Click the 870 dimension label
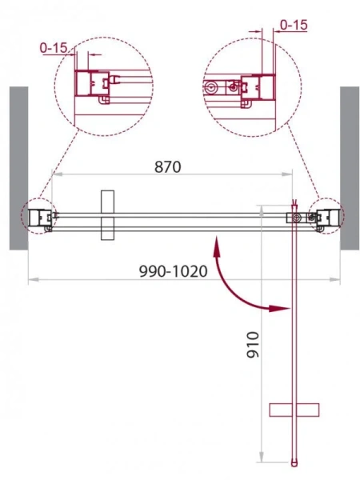[x=168, y=167]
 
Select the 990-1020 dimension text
[x=174, y=271]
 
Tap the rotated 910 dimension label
[x=253, y=344]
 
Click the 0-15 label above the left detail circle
[x=54, y=48]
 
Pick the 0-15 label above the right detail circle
[x=294, y=25]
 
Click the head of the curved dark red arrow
[x=279, y=308]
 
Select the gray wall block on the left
[x=19, y=168]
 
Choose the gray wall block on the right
[x=350, y=168]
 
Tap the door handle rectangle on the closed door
[x=107, y=215]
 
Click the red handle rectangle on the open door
[x=294, y=410]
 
